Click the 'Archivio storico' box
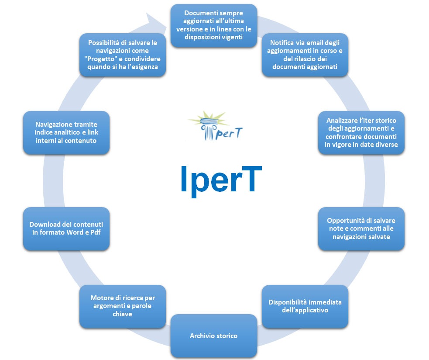213,336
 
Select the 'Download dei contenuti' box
66,228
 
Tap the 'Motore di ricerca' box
123,306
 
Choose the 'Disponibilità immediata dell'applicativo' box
305,306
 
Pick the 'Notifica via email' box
305,55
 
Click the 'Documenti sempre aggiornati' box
213,25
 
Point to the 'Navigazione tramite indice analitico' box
66,132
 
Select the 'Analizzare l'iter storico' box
361,132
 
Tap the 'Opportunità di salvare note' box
361,228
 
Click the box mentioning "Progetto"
123,55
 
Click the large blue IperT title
221,179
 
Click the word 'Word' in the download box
76,232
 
